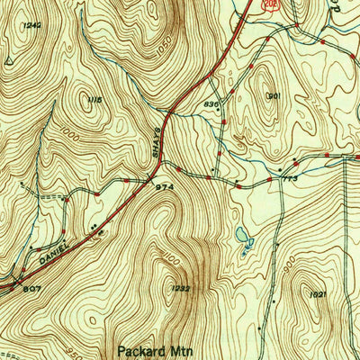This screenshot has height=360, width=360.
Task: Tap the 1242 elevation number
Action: pos(33,25)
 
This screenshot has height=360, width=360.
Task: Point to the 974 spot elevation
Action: pos(164,186)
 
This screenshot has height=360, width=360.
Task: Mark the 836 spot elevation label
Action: pos(211,105)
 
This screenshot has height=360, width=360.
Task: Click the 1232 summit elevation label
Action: pos(178,288)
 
